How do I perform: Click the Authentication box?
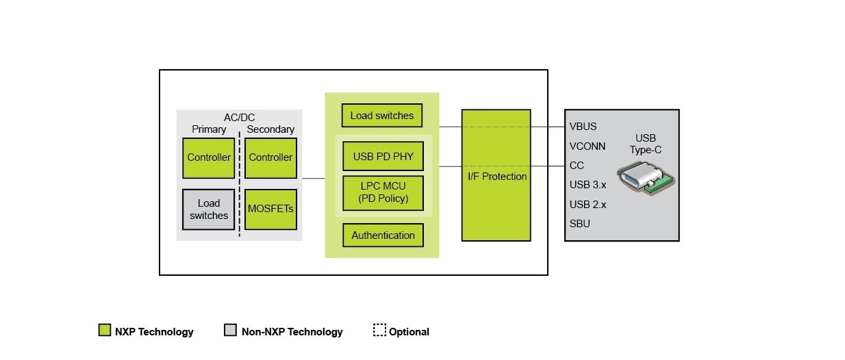tap(383, 235)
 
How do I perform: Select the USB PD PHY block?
tap(383, 156)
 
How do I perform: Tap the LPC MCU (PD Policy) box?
tap(383, 193)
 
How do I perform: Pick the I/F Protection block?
tap(496, 175)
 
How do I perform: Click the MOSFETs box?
tap(270, 209)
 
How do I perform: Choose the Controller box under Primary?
tap(209, 157)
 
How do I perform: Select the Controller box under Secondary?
tap(270, 157)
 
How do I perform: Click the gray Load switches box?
tap(209, 209)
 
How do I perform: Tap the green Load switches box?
tap(382, 116)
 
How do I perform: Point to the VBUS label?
tap(583, 127)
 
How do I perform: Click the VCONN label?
tap(588, 146)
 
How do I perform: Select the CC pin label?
tap(577, 166)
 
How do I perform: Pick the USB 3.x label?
tap(588, 185)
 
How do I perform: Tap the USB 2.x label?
tap(588, 204)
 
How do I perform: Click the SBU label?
tap(579, 223)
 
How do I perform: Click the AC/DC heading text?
tap(239, 118)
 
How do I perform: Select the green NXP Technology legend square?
tap(105, 331)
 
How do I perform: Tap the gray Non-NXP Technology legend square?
tap(230, 331)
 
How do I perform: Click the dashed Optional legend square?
tap(379, 331)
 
